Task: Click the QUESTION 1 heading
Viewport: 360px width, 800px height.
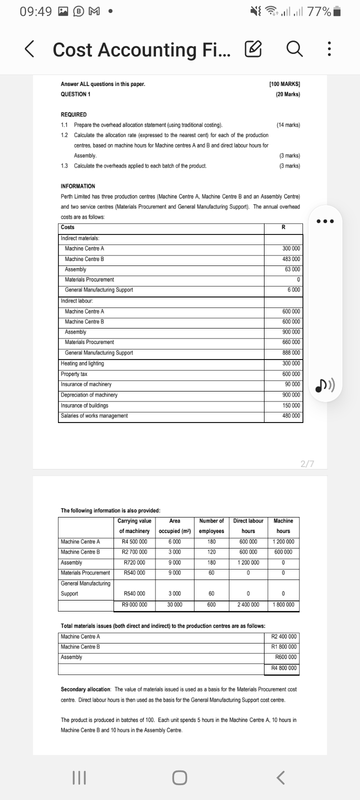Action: [75, 94]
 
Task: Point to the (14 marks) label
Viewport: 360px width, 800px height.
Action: [288, 124]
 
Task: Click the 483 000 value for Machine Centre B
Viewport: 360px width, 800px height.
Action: [291, 259]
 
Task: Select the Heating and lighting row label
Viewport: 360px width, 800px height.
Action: [82, 363]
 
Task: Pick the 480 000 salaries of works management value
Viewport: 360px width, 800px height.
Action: [291, 416]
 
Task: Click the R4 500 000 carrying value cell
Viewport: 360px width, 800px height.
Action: [134, 541]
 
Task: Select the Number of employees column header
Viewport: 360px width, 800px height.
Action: [211, 526]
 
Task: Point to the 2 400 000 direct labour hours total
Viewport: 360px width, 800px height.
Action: [248, 605]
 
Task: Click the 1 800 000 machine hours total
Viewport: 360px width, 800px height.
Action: [283, 605]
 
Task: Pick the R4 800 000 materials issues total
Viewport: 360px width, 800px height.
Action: [283, 668]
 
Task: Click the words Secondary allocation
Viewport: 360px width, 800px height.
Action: [86, 689]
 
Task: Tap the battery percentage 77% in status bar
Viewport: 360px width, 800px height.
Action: [318, 11]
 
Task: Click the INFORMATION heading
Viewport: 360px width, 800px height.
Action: [78, 186]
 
